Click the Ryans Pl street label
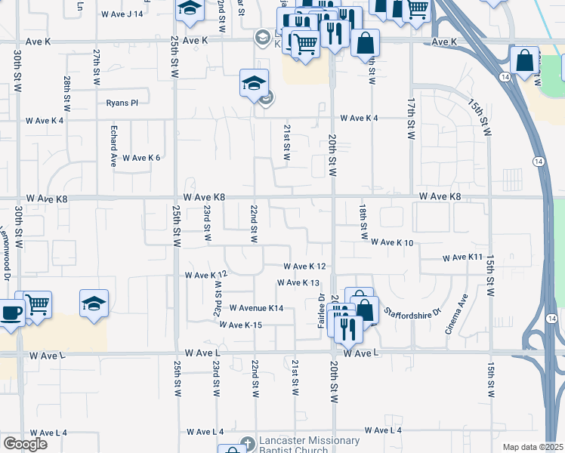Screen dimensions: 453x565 [122, 103]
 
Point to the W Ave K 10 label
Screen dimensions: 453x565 [392, 242]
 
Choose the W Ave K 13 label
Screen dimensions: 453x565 [298, 282]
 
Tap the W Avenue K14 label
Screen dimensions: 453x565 [256, 308]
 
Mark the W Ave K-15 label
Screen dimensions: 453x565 [240, 325]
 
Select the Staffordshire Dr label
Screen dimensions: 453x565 [411, 311]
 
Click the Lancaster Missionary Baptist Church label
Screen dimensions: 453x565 [309, 445]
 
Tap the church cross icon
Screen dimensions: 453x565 [247, 442]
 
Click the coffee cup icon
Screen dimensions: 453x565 [11, 313]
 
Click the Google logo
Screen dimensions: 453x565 [25, 444]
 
